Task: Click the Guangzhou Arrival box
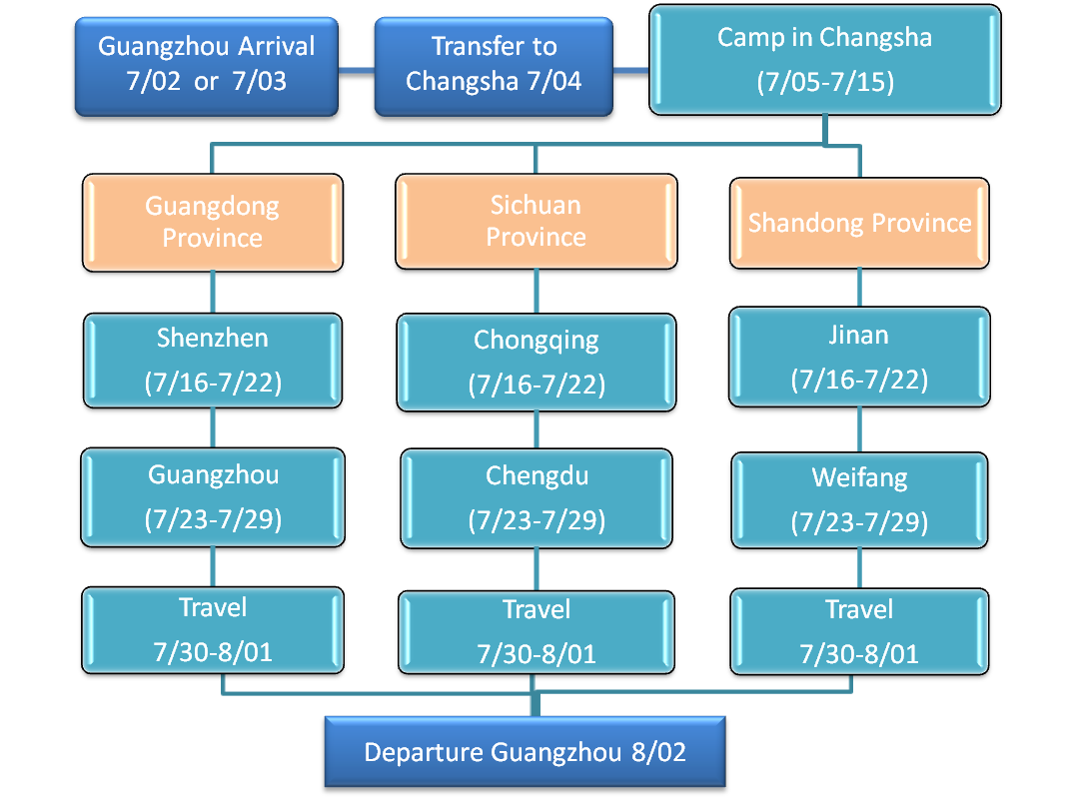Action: click(x=206, y=64)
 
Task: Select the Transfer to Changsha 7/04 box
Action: click(x=494, y=64)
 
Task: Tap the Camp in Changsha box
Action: click(x=824, y=59)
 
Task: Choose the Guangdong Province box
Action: click(x=213, y=222)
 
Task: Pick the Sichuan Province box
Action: click(x=536, y=221)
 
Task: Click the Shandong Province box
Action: click(x=859, y=222)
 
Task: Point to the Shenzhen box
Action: click(x=213, y=360)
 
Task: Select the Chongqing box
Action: click(x=536, y=362)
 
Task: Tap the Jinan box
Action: click(x=859, y=357)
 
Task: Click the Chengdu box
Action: click(x=536, y=497)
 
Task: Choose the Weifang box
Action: click(x=859, y=499)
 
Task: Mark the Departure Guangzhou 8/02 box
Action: click(x=525, y=752)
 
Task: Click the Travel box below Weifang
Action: click(x=859, y=630)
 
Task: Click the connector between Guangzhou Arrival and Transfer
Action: click(x=356, y=70)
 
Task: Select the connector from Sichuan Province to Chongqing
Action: click(x=536, y=291)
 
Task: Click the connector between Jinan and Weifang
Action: click(x=859, y=429)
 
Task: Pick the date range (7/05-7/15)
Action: click(x=824, y=82)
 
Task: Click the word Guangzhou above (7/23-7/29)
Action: click(x=213, y=474)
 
